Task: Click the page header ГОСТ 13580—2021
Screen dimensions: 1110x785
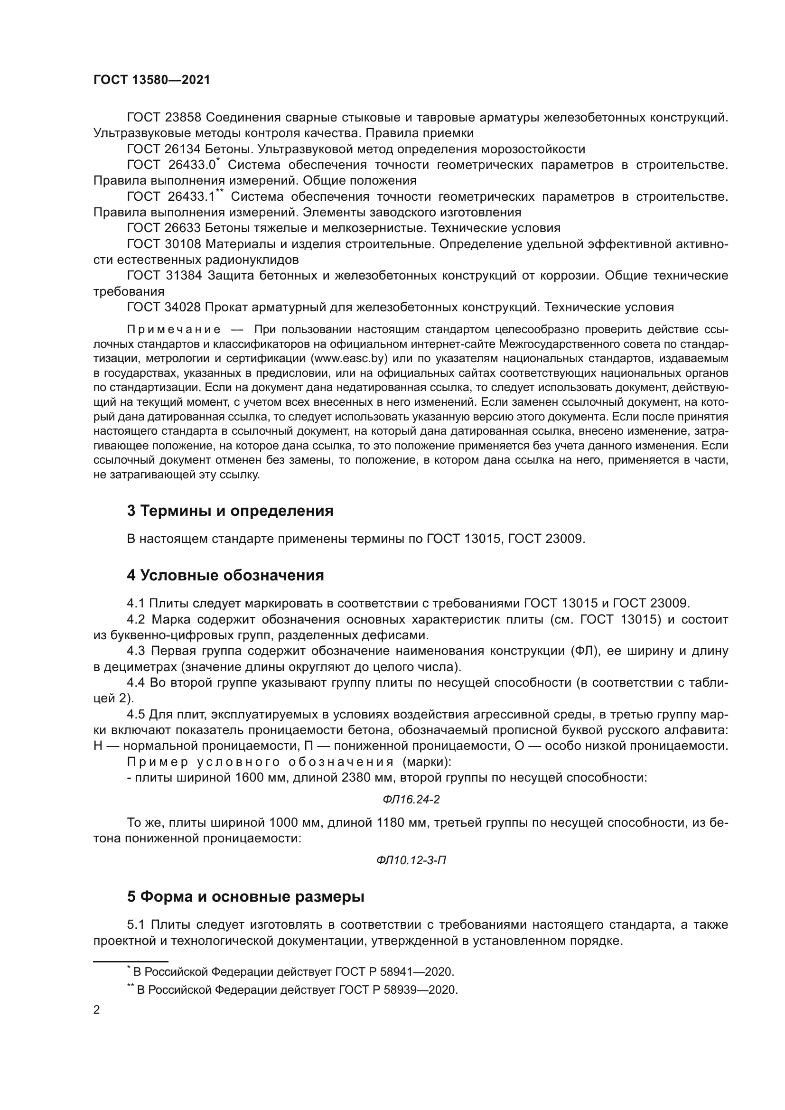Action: tap(152, 80)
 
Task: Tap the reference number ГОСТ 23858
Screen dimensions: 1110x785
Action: tap(164, 118)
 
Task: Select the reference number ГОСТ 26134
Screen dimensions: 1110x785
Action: tap(164, 149)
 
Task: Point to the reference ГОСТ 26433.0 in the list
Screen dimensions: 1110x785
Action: tap(171, 165)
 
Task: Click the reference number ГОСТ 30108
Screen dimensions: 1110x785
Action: tap(164, 244)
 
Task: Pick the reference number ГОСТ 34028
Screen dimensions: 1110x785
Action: tap(164, 307)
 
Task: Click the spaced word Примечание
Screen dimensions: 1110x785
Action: tap(174, 330)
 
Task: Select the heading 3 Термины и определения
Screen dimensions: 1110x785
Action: tap(230, 511)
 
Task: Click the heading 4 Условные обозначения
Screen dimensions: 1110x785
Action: tap(225, 575)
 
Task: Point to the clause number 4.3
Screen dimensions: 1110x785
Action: tap(136, 651)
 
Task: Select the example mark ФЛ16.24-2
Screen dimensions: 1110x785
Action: tap(411, 800)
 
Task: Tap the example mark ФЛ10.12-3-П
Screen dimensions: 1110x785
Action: tap(411, 860)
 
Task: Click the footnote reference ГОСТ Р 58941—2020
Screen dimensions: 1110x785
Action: tap(394, 972)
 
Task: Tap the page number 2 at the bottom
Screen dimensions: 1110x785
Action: tap(97, 1010)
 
